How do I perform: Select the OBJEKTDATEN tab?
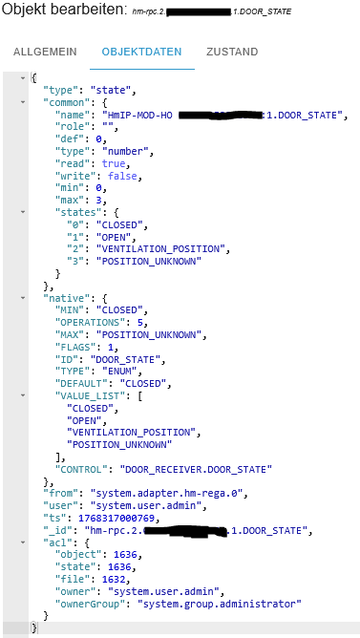[141, 51]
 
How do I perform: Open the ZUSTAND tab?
[232, 51]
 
